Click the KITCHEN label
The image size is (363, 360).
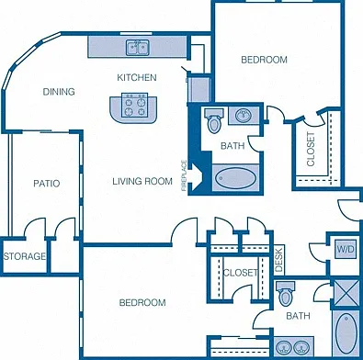(x=137, y=77)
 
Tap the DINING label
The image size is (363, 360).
(x=59, y=92)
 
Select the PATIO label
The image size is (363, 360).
(x=47, y=184)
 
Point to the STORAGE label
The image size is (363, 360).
(x=25, y=256)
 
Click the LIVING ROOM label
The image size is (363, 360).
(x=142, y=181)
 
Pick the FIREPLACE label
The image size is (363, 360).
(x=184, y=175)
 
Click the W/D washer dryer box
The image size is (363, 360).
(x=346, y=249)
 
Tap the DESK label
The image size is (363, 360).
(x=279, y=260)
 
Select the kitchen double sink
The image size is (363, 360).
(x=138, y=48)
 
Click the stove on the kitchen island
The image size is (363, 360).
(x=134, y=106)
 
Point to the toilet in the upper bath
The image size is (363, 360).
(x=214, y=120)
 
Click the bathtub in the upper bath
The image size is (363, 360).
(x=235, y=178)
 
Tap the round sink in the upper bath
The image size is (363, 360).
(x=244, y=116)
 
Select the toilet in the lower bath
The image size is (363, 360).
(x=286, y=294)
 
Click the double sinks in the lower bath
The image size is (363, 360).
(x=293, y=347)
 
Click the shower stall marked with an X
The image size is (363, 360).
(x=346, y=292)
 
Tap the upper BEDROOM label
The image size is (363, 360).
(x=264, y=60)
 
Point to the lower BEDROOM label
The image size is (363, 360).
(x=142, y=303)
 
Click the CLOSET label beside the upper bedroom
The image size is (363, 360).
(x=311, y=149)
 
